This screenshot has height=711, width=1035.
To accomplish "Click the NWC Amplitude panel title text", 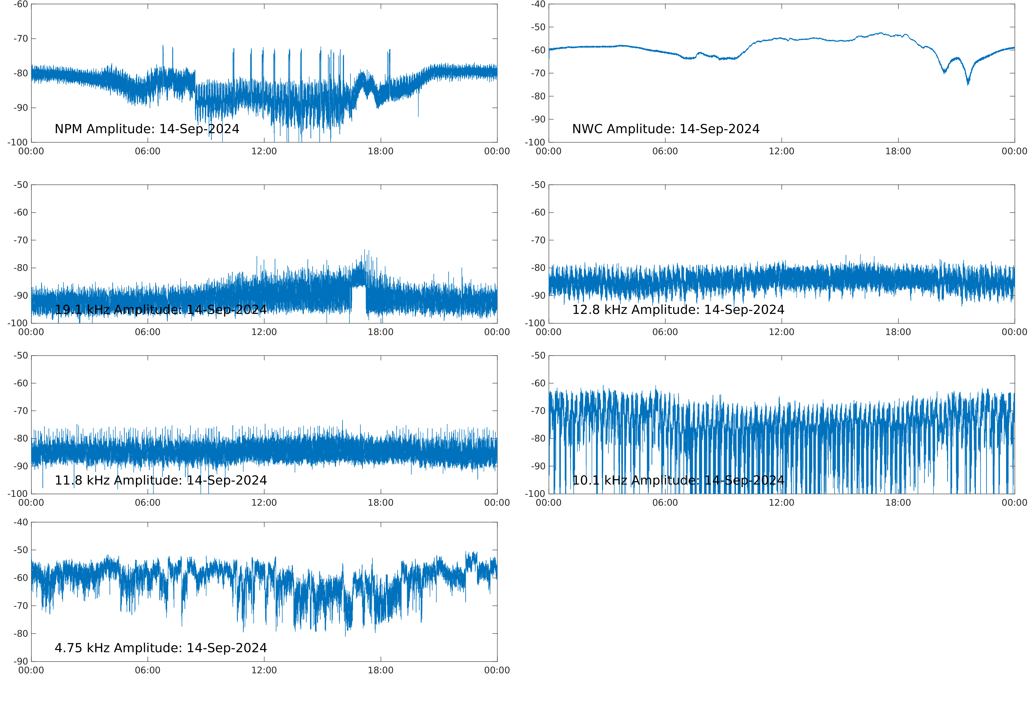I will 665,129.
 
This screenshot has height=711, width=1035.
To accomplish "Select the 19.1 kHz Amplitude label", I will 160,310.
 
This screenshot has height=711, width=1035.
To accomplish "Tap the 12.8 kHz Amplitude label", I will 678,310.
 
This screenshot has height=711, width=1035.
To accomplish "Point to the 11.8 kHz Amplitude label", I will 160,480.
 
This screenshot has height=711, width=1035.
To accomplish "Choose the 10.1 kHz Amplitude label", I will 678,480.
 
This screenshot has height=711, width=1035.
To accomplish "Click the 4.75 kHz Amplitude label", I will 160,648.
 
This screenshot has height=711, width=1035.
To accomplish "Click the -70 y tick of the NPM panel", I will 20,39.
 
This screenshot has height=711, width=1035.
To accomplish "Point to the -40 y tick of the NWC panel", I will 538,5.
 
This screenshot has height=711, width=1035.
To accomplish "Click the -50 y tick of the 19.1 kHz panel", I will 20,185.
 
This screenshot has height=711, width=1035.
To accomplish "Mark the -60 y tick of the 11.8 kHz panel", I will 20,383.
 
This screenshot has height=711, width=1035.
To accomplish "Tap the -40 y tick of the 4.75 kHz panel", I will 20,522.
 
